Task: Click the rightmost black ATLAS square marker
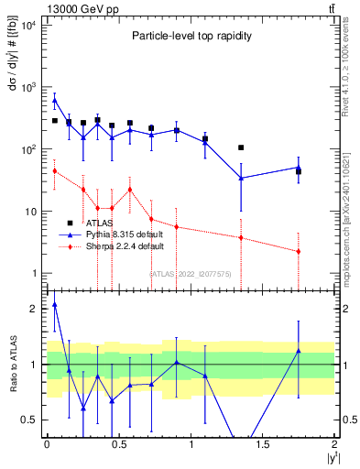[x=299, y=171]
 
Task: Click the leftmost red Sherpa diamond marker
[x=55, y=171]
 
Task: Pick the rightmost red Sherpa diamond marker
[x=299, y=251]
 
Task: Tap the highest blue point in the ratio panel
[x=55, y=304]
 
